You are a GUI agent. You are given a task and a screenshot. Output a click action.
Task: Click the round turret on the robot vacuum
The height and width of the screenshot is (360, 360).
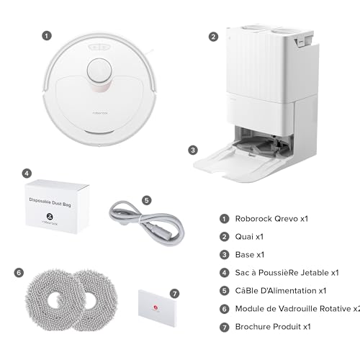(x=99, y=71)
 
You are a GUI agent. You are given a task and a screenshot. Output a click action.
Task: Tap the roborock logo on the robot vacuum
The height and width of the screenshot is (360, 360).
(x=100, y=113)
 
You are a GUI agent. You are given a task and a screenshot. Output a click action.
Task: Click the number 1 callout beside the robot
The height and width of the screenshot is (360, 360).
(x=47, y=36)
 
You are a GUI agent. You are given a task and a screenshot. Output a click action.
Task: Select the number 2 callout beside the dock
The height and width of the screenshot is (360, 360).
(x=213, y=37)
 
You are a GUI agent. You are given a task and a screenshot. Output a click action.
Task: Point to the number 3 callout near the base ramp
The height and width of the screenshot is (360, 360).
(x=193, y=150)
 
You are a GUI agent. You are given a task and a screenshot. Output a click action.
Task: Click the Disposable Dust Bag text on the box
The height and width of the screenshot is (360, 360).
(x=50, y=202)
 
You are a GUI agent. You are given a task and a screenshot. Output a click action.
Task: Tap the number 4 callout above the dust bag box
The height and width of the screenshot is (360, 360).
(x=27, y=174)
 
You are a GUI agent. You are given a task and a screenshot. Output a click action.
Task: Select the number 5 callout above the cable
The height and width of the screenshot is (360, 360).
(x=147, y=200)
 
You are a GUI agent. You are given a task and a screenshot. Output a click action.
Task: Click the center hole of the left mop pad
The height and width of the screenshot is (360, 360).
(x=55, y=300)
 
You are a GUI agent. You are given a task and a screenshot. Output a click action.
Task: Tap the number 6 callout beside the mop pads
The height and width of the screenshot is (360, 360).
(x=19, y=273)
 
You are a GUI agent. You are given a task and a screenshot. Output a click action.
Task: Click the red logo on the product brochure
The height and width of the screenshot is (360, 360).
(x=156, y=307)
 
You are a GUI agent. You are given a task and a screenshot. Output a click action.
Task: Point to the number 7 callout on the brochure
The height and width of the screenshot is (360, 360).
(x=174, y=294)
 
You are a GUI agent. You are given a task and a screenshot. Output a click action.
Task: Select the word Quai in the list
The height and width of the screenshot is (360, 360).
(x=244, y=237)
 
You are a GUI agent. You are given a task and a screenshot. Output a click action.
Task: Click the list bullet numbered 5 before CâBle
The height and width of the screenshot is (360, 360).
(x=225, y=291)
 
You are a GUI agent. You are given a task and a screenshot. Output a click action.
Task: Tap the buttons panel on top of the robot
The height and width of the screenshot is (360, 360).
(x=99, y=48)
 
